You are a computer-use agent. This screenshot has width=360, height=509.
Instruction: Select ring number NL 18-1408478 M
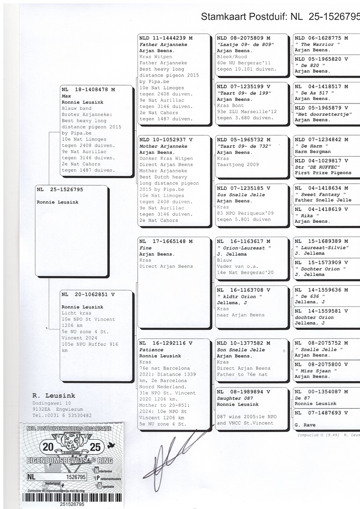88,90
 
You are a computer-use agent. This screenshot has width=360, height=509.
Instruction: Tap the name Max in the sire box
66,96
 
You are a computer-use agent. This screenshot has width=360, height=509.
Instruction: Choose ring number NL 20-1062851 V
88,294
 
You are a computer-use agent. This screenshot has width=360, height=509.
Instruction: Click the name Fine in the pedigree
145,248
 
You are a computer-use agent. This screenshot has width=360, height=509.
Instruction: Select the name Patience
152,350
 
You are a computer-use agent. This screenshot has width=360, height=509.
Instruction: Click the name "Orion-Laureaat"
244,248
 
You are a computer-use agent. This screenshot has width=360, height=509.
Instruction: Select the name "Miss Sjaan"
316,371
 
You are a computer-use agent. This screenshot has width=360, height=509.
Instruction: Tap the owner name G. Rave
305,425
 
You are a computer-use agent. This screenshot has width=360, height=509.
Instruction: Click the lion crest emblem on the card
72,442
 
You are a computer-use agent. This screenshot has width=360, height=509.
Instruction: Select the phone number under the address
62,415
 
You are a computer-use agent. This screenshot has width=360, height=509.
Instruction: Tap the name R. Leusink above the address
54,396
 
